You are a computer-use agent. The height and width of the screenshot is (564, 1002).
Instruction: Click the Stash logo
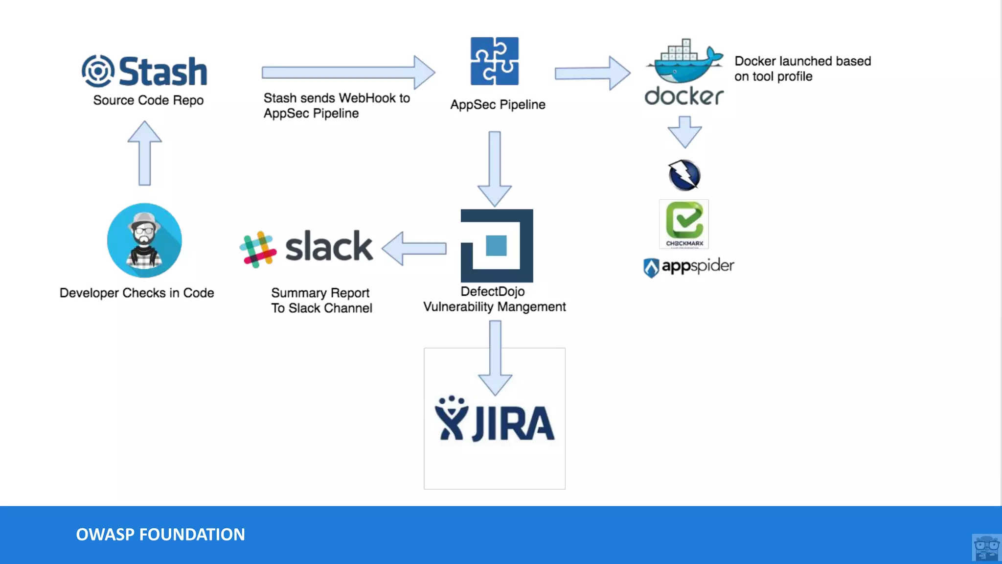(x=144, y=71)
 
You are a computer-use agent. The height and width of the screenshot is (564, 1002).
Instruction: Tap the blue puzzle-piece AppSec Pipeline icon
(x=495, y=61)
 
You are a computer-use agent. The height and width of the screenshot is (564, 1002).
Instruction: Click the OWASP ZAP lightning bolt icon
(x=684, y=175)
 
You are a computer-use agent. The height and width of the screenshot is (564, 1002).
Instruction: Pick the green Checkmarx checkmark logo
(x=684, y=223)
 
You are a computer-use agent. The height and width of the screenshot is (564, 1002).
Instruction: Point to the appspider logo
(x=688, y=267)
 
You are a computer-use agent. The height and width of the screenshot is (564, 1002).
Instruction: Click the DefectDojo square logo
(x=497, y=245)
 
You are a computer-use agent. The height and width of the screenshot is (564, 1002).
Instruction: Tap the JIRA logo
(x=495, y=420)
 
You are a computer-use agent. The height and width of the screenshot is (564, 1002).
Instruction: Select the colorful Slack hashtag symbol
(x=258, y=249)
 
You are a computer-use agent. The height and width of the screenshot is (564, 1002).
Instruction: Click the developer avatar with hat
(x=144, y=240)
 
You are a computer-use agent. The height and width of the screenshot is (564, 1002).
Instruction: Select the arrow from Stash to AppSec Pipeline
(x=348, y=72)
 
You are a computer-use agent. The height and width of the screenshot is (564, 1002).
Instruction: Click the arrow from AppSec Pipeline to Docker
(x=592, y=73)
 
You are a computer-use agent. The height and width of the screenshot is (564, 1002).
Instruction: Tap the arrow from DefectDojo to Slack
(x=414, y=248)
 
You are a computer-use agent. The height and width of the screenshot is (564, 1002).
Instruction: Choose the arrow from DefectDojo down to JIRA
(x=495, y=357)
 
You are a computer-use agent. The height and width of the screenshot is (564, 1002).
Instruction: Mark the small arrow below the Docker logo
(x=684, y=132)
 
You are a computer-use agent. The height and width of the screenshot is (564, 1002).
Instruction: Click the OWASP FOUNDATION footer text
(x=160, y=534)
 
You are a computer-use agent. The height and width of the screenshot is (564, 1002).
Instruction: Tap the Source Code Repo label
(x=148, y=100)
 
